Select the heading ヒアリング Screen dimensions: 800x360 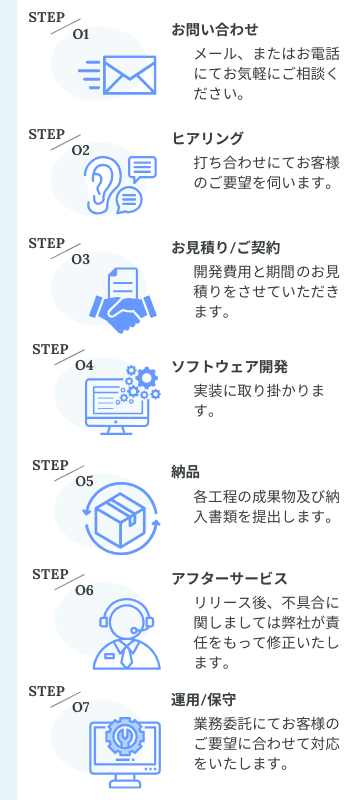coord(208,138)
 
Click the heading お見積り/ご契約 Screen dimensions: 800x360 coord(226,247)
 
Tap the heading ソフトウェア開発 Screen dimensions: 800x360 coord(230,364)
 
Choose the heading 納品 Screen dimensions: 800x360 coord(186,471)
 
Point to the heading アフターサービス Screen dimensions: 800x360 coord(230,579)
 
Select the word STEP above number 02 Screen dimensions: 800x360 coord(46,133)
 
